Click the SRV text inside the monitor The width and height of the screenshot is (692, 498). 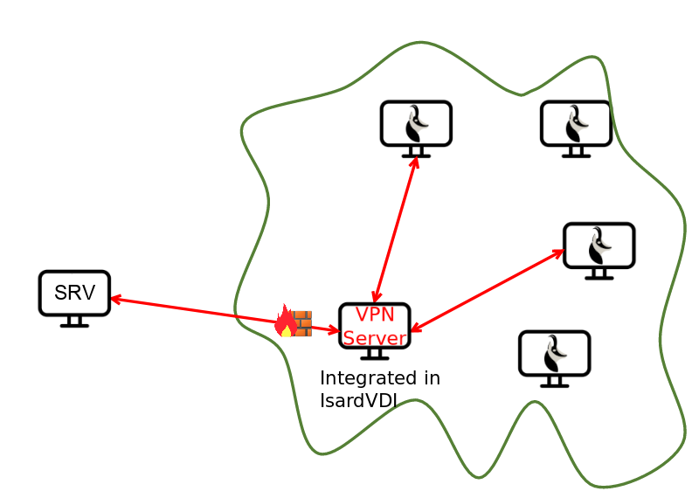74,293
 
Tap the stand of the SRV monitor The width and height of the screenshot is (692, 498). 74,322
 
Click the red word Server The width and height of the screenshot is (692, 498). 375,337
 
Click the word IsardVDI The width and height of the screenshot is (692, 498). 358,400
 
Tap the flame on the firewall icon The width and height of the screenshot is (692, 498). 285,322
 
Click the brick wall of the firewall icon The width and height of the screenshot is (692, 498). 301,323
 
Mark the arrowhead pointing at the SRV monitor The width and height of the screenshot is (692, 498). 114,300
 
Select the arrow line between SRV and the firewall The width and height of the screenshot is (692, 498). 192,311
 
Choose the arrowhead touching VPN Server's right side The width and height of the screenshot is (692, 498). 415,329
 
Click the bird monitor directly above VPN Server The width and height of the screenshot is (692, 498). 416,124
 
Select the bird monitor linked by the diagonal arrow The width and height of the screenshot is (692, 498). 599,246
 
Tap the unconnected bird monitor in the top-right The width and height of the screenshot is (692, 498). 576,124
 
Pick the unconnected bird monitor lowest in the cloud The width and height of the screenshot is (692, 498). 554,354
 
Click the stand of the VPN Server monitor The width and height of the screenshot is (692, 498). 375,354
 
